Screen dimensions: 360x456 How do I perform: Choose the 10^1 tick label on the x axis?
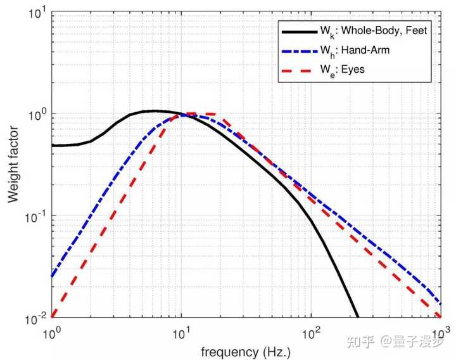[182, 331]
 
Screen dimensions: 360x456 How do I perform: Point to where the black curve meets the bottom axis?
[358, 317]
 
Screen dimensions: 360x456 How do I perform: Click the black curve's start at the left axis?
[52, 145]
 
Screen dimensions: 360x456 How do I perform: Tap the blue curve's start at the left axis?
[52, 276]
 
